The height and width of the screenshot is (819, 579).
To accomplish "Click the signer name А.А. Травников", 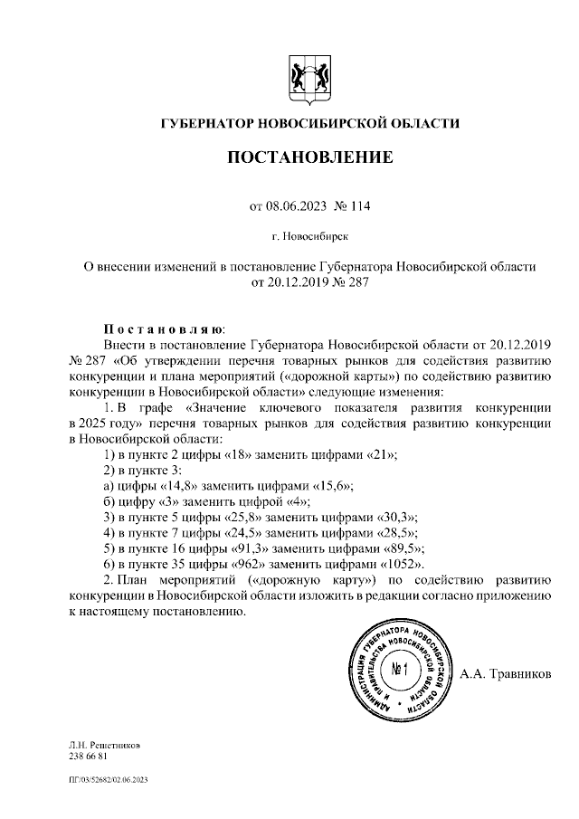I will click(503, 674).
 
